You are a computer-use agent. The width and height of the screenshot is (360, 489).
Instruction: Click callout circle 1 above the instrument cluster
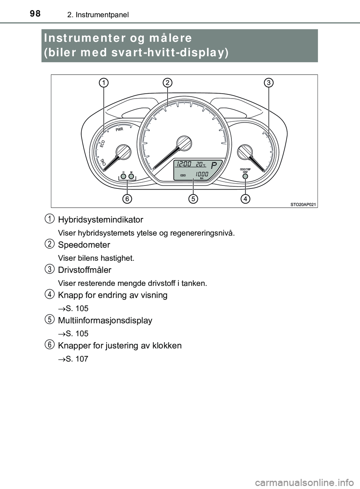[104, 82]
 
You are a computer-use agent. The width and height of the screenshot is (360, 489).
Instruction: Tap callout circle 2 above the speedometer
[167, 82]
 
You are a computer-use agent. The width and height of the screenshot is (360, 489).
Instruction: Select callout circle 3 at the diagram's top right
[268, 82]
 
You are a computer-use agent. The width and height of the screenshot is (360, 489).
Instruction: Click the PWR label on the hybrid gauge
[119, 130]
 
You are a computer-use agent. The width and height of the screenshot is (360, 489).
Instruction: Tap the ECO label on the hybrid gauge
[103, 144]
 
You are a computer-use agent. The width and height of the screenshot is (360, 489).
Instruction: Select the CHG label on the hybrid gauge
[102, 162]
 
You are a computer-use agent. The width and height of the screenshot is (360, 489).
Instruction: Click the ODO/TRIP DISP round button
[246, 176]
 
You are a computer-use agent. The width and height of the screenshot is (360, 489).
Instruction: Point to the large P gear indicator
[214, 165]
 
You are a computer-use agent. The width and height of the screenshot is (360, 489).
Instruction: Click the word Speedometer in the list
[84, 245]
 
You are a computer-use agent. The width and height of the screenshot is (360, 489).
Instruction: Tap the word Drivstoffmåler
[85, 270]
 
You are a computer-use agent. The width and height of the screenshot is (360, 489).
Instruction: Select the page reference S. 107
[76, 359]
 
